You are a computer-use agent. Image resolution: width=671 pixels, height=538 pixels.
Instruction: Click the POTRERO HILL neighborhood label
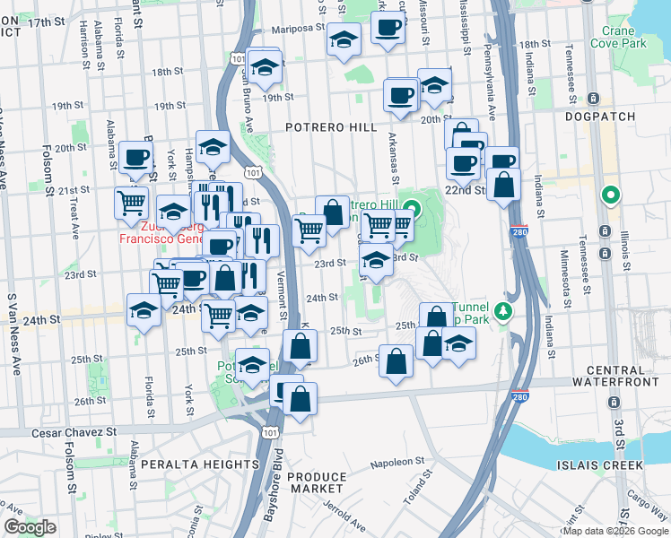click(x=331, y=127)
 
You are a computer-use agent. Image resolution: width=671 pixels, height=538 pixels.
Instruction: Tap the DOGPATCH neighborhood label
click(x=599, y=116)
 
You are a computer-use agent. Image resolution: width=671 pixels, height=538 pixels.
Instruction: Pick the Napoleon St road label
click(x=398, y=462)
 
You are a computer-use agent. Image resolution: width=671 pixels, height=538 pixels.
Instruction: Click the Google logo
click(x=30, y=527)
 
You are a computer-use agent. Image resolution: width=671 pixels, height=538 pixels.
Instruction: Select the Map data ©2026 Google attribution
click(x=614, y=531)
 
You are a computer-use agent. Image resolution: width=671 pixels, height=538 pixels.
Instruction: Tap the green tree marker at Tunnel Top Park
click(x=504, y=312)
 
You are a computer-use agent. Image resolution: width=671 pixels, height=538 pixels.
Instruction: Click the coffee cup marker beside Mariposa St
click(x=388, y=29)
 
